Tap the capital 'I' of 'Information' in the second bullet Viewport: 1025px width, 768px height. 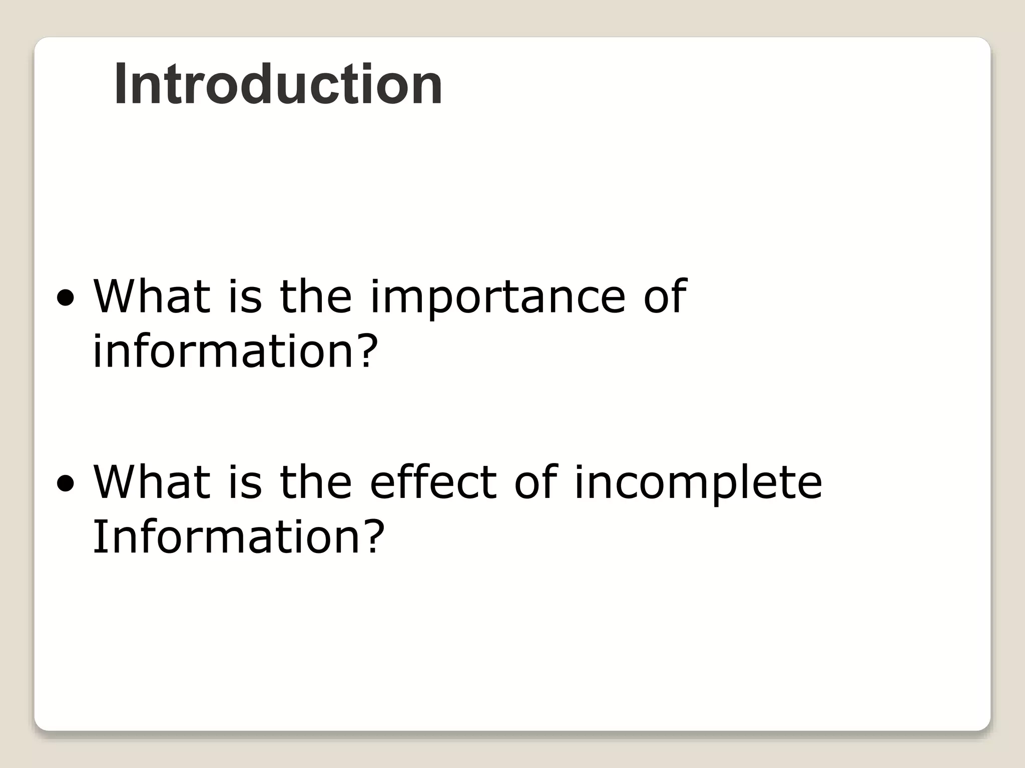[x=98, y=536]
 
